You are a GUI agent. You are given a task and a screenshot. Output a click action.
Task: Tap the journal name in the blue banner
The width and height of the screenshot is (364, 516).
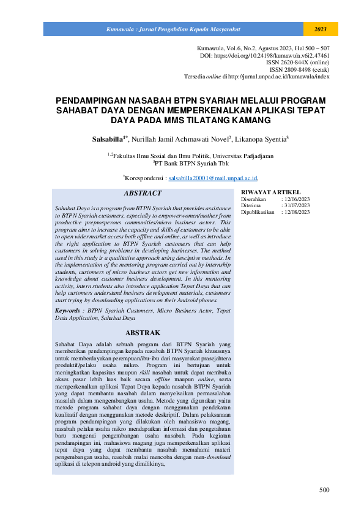tap(174, 29)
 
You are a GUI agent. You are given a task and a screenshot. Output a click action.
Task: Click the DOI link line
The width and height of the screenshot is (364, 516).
tap(266, 55)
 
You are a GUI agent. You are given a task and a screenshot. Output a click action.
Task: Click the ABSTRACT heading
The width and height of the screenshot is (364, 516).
tap(143, 193)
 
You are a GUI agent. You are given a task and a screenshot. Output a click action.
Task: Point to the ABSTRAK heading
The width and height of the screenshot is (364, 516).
tap(143, 333)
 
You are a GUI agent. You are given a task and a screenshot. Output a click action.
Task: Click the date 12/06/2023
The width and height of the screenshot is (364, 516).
tap(295, 199)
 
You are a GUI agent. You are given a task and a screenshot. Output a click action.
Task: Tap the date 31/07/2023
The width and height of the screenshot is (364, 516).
tap(295, 205)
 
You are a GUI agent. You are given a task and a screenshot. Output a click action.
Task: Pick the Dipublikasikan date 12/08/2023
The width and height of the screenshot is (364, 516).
tap(295, 212)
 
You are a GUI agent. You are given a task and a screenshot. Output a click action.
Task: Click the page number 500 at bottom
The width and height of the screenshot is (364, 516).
tap(324, 490)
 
